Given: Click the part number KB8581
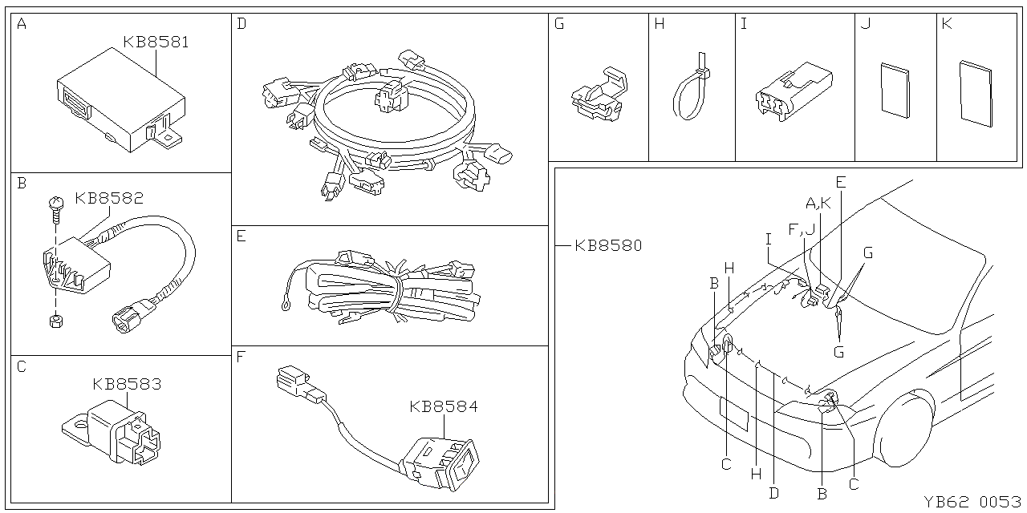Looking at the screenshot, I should (x=156, y=42).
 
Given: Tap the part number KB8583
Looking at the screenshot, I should (x=127, y=384).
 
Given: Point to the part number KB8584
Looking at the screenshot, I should (x=443, y=406).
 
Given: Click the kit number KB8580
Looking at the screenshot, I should (x=608, y=246).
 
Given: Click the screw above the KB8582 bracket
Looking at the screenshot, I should (x=56, y=207).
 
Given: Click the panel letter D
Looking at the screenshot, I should (x=242, y=24).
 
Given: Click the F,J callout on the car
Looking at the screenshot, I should (x=801, y=229).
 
